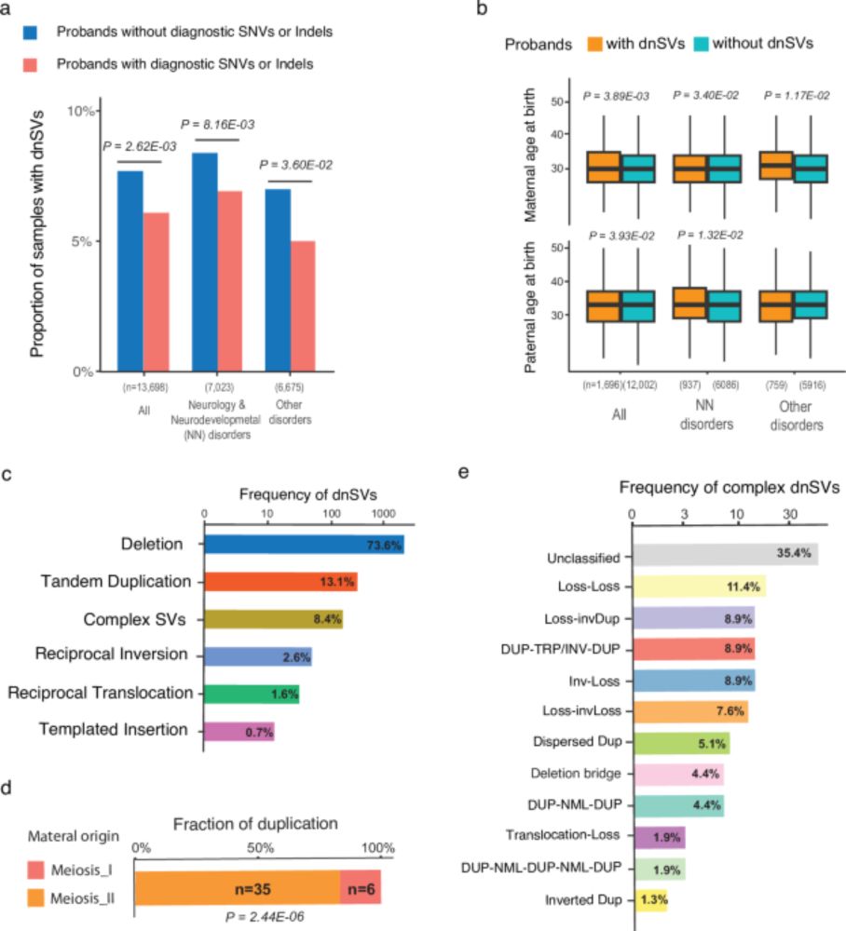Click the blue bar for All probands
(x=130, y=270)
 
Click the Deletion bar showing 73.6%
(x=304, y=545)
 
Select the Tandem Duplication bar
(x=280, y=582)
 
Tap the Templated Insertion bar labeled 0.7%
(x=239, y=732)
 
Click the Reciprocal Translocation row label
(x=100, y=694)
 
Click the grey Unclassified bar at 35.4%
(x=725, y=554)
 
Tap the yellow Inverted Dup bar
(x=651, y=900)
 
